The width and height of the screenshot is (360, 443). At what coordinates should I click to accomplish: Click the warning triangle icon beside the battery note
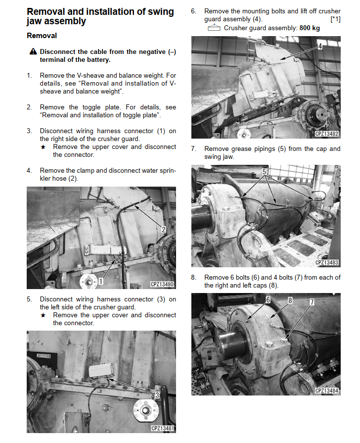click(33, 51)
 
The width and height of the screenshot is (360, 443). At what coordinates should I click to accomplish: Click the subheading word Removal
click(42, 36)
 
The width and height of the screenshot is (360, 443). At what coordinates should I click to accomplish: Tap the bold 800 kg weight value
click(310, 28)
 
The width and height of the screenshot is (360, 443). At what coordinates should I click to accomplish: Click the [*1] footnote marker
click(335, 19)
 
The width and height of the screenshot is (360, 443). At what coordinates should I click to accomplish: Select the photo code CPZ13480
click(162, 284)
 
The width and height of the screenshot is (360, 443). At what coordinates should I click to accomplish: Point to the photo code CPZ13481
click(163, 428)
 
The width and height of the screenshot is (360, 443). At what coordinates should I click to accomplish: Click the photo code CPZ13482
click(327, 134)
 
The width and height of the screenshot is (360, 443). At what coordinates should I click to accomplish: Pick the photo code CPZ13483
click(327, 262)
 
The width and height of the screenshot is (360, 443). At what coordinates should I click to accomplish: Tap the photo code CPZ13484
click(327, 391)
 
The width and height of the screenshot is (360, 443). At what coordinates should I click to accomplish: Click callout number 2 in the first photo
click(163, 229)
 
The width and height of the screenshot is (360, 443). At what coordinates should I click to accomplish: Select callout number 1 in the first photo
click(100, 281)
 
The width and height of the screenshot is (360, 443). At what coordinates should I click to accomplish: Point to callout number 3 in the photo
click(157, 395)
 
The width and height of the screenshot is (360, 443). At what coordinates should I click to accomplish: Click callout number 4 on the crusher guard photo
click(320, 46)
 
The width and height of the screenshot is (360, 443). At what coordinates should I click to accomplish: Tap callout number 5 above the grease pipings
click(264, 171)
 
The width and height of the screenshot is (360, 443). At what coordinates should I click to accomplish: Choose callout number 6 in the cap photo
click(268, 299)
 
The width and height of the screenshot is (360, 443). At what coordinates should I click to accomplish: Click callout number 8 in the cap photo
click(290, 300)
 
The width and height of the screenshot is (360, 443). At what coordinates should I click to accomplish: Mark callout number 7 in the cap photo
click(312, 302)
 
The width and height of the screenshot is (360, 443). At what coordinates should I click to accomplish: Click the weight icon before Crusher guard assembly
click(214, 28)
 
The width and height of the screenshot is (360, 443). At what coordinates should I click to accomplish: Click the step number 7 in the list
click(193, 148)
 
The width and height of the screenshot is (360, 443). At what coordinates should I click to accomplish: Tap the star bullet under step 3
click(43, 147)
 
